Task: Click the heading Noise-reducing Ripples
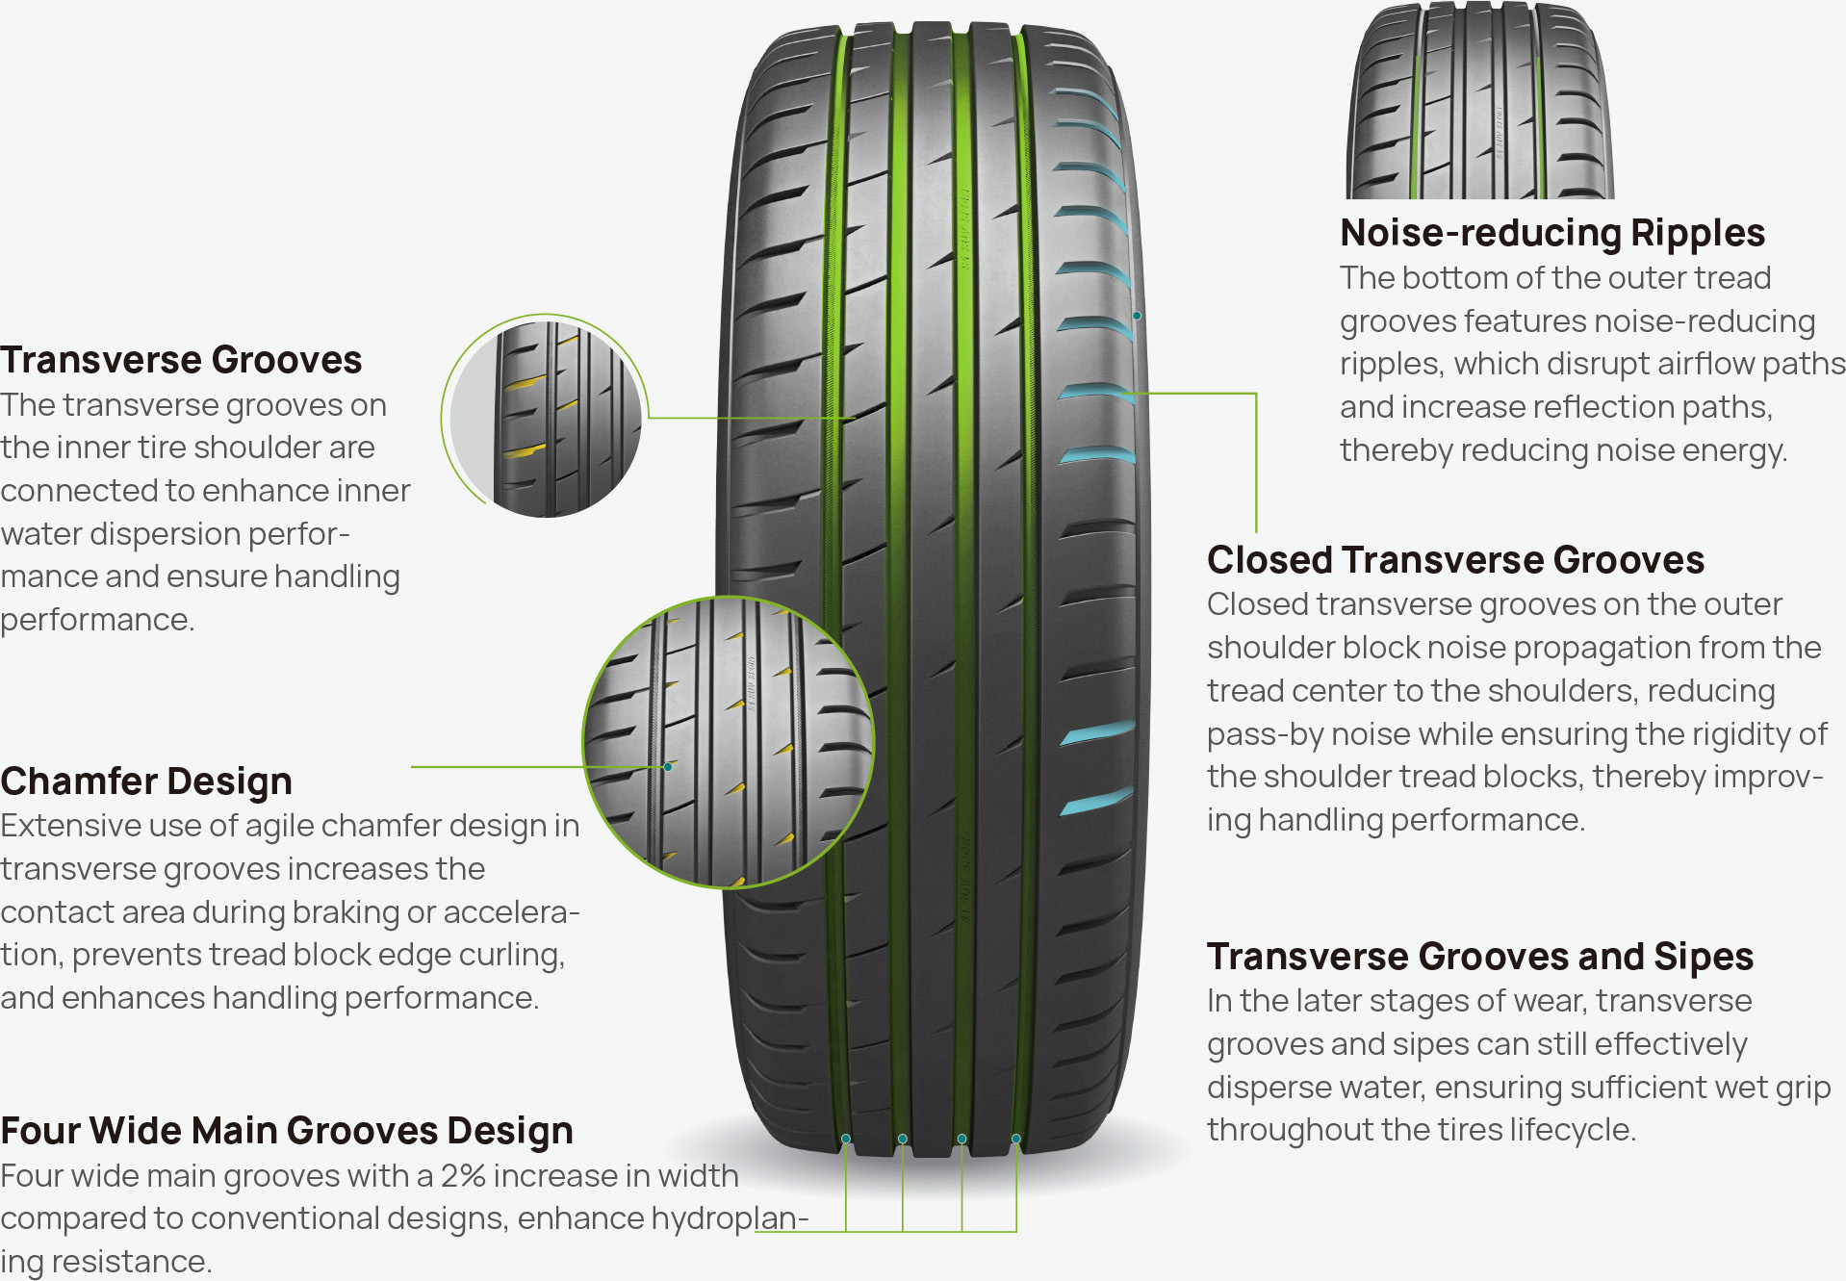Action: point(1552,233)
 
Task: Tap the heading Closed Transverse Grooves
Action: point(1455,559)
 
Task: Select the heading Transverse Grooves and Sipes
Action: point(1480,957)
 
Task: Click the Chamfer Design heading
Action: point(146,781)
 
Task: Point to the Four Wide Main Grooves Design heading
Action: point(287,1131)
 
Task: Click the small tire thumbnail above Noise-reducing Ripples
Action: point(1479,100)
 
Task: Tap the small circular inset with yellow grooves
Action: point(545,416)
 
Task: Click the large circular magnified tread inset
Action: point(729,742)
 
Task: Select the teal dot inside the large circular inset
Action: point(668,767)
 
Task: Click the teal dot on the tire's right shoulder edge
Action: point(1137,316)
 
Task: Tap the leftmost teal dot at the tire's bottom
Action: point(846,1139)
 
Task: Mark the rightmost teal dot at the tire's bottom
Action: point(1016,1139)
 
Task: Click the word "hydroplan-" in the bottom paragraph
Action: point(730,1219)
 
